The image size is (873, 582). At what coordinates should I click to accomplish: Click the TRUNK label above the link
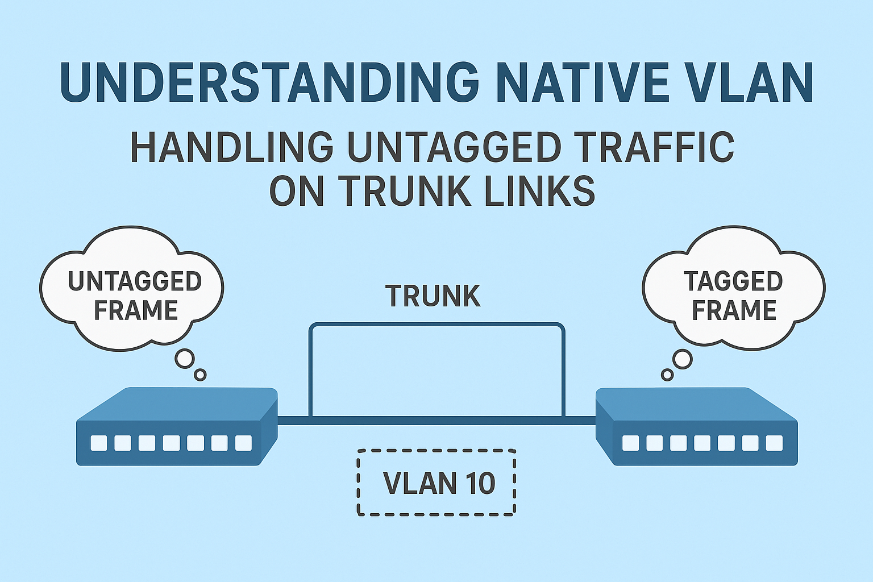[x=433, y=296]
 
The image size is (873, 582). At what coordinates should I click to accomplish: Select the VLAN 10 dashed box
[x=436, y=483]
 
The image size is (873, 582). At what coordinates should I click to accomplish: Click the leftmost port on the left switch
[x=98, y=443]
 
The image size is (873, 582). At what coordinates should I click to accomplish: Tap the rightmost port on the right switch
[x=774, y=443]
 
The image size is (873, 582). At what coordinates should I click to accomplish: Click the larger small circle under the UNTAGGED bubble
[x=185, y=359]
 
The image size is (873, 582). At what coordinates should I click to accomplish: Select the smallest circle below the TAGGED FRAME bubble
[x=667, y=375]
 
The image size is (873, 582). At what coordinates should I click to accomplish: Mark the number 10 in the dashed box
[x=480, y=483]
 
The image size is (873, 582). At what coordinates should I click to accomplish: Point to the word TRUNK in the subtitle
[x=406, y=191]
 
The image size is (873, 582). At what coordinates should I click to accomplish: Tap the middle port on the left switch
[x=171, y=443]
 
